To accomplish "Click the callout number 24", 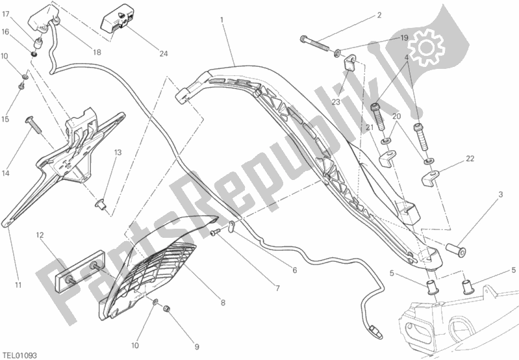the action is coord(164,54).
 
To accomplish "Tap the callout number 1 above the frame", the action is coord(222,20).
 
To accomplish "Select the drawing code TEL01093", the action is coord(19,355).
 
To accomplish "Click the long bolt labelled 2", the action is coord(314,44).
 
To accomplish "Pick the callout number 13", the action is coord(118,153).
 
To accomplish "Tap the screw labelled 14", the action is coord(34,125).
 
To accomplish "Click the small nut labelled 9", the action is coord(167,309).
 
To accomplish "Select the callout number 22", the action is coord(470,159).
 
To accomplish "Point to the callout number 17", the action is coord(6,14).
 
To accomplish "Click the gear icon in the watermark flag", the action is coord(426,47).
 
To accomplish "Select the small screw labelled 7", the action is coord(215,233).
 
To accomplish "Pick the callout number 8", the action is coord(223,302).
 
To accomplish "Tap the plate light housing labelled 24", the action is coord(118,19).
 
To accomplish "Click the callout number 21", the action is coord(370,127).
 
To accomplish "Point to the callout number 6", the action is coord(295,270).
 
